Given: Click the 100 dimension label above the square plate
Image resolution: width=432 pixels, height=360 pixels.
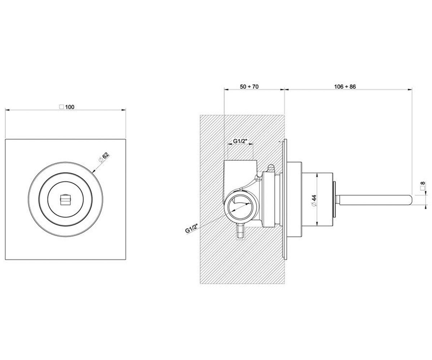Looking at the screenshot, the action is [x=70, y=107].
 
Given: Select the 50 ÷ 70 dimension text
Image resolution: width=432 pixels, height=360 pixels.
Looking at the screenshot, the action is [x=249, y=86].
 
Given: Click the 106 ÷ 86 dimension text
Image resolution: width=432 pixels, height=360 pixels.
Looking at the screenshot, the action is [x=345, y=86].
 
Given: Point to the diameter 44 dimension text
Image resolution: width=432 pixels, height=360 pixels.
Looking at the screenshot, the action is [x=314, y=200].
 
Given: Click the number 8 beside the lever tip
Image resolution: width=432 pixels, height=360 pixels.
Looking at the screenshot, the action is [x=423, y=183].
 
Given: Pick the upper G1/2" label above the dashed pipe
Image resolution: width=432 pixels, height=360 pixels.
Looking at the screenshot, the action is [x=240, y=141].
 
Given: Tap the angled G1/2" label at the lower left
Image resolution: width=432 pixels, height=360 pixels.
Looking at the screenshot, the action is [x=192, y=229].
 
